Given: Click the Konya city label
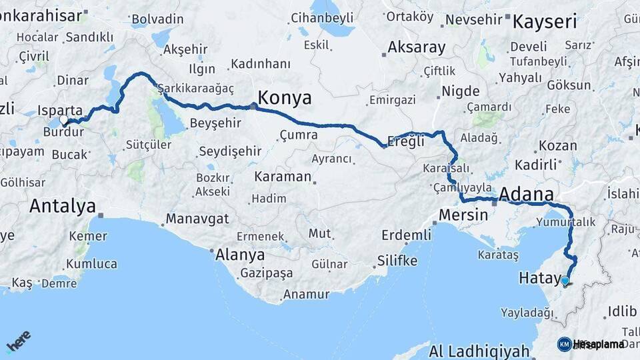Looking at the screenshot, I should (285, 98).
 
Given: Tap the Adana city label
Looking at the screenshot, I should (526, 194).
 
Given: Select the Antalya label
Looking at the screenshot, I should (62, 206).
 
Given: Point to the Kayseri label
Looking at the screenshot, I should (545, 21).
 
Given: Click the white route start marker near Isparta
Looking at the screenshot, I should (64, 120).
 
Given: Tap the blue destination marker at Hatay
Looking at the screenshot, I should (565, 281).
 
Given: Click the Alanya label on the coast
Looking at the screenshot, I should (240, 255).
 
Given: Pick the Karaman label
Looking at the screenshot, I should (283, 177).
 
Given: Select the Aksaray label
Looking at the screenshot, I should (416, 47).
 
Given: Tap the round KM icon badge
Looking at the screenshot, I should (564, 344).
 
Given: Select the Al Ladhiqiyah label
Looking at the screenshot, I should (479, 351).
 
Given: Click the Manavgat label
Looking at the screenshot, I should (197, 219).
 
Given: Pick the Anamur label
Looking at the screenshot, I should (307, 294).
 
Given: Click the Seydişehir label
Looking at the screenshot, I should (230, 151).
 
